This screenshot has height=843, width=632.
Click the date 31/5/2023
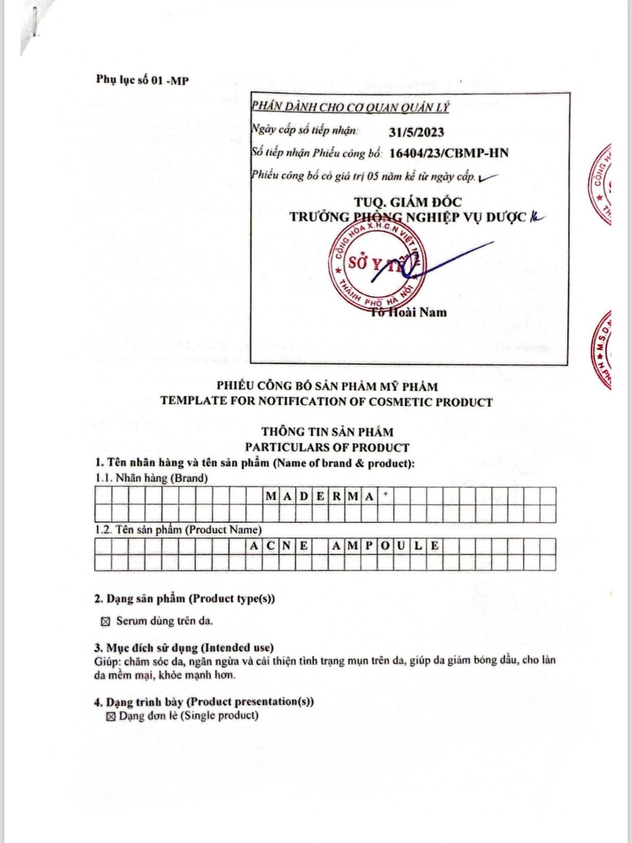(416, 132)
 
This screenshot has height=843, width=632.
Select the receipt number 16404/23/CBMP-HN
(448, 153)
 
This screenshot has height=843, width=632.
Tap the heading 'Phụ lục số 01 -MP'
(142, 80)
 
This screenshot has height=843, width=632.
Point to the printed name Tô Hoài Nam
(409, 312)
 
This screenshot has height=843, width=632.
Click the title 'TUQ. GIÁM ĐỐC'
(408, 202)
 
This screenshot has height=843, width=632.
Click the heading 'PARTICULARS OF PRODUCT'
(327, 447)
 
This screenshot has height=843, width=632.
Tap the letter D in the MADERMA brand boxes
(303, 496)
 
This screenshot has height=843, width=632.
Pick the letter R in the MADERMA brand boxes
(337, 496)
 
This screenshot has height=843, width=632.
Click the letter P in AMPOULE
(369, 546)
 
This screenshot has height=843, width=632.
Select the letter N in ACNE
(287, 546)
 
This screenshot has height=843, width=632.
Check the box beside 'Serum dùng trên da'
(105, 622)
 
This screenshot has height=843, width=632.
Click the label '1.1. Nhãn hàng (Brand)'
(152, 478)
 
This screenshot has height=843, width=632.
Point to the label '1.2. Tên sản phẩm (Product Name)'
(178, 529)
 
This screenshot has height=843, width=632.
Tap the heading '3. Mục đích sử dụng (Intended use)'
(184, 648)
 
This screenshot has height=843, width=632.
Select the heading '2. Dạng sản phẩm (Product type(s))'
(184, 599)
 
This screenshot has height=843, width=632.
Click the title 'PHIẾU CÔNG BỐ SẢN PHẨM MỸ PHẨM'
(327, 386)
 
